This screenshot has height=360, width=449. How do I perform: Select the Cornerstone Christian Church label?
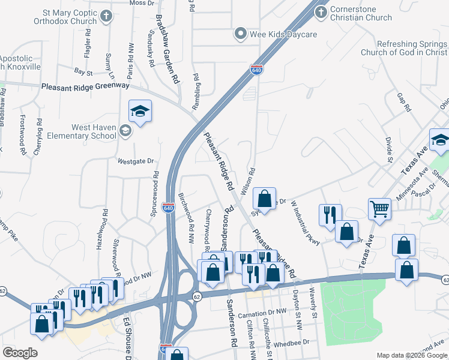point(360,13)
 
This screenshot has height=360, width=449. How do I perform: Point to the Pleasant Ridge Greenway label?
point(85,86)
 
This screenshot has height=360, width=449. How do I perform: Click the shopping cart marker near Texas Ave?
point(380,210)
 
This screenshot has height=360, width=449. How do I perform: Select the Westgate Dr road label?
point(136,161)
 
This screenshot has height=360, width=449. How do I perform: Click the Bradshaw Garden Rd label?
point(167,49)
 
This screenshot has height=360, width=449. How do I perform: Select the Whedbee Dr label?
point(291,343)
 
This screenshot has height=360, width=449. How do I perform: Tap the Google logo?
point(20,353)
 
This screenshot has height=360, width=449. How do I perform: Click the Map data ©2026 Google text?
point(411,355)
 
